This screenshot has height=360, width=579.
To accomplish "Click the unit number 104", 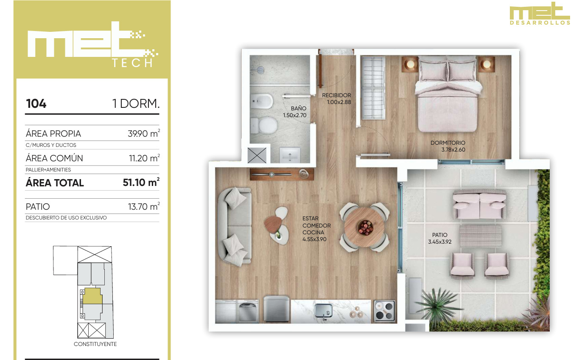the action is [36, 104].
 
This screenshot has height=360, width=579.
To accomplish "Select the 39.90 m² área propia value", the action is [144, 133].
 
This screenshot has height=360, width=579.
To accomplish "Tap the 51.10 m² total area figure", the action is [141, 182].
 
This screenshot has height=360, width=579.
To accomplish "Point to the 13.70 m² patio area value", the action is [144, 206].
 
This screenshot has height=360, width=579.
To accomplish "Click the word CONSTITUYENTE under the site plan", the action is [95, 344].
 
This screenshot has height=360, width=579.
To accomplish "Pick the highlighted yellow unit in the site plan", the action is [92, 296].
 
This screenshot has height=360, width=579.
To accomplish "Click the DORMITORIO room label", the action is [448, 143].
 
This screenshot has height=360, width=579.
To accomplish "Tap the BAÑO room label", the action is [298, 108].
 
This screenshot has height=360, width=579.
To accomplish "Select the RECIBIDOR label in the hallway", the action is [336, 95].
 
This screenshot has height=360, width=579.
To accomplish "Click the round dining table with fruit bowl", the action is [364, 227].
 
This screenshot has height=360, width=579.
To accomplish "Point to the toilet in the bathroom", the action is [264, 126].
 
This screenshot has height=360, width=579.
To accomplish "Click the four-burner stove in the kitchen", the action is [385, 311].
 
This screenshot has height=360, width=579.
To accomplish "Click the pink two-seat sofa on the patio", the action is [480, 205].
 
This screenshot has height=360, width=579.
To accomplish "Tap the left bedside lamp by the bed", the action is [410, 64].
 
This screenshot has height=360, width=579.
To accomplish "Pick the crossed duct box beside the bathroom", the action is [257, 155].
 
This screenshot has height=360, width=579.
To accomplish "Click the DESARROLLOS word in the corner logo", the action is [540, 23].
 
